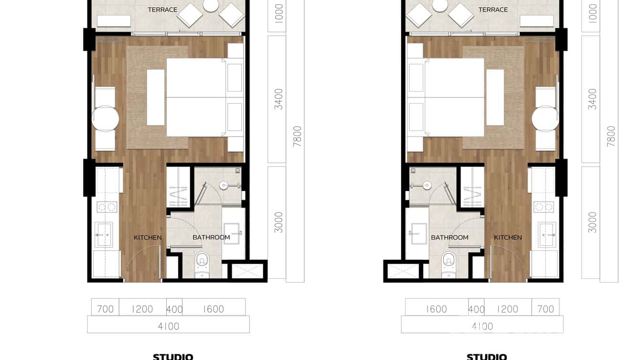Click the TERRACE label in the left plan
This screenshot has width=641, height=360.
tap(162, 10)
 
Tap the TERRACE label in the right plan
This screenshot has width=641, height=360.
tap(493, 10)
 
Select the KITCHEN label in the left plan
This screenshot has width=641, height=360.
tap(148, 237)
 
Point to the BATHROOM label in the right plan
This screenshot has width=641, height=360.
tap(449, 237)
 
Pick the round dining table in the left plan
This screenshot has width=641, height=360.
tap(105, 118)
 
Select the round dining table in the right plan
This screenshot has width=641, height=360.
tap(545, 118)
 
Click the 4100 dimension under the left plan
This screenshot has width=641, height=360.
tap(169, 326)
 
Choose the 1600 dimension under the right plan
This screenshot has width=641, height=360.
tap(436, 309)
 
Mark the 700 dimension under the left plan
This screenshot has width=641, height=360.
tap(106, 309)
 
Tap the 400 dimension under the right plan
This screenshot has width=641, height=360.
tap(476, 309)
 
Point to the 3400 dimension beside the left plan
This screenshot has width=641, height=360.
tap(278, 99)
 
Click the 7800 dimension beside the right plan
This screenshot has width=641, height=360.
tap(611, 136)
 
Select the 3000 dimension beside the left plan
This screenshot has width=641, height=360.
tap(278, 222)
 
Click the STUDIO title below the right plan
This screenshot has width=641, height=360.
tap(487, 357)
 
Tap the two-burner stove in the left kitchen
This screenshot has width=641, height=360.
tap(107, 207)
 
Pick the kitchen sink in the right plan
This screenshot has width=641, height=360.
tap(546, 234)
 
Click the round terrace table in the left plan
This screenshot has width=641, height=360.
tap(211, 5)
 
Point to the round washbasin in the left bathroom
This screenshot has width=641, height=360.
tap(225, 185)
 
